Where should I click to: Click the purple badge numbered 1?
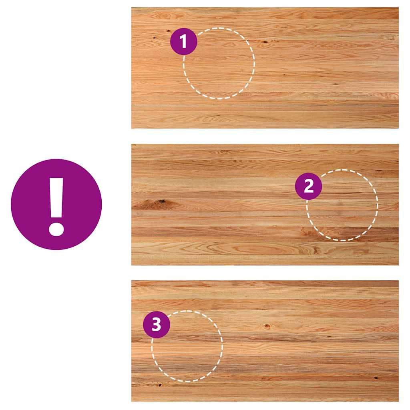tap(183, 41)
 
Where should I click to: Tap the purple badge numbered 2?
tap(309, 186)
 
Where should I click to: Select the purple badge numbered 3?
tap(157, 324)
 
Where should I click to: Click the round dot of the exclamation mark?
tap(56, 229)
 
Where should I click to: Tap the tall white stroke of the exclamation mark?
tap(56, 198)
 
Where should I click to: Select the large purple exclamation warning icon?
tap(56, 205)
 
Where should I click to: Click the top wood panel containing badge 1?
tap(265, 68)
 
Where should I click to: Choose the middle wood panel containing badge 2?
tap(265, 205)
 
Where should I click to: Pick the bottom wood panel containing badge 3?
tap(265, 341)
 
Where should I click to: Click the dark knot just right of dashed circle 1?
tap(265, 42)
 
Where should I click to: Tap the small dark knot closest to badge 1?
tap(168, 32)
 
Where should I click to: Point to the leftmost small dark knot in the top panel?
tap(154, 38)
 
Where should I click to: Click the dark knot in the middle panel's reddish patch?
tap(162, 201)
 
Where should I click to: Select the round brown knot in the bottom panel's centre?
tap(267, 326)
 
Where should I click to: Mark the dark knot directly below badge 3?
tap(160, 384)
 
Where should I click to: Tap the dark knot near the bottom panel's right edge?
tap(376, 378)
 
